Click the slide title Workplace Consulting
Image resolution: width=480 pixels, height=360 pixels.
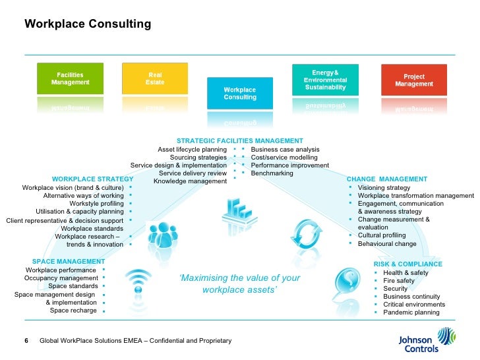(x=88, y=24)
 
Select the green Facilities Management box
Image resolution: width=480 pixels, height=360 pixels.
(x=70, y=78)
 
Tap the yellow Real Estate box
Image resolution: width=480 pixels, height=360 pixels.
(x=155, y=78)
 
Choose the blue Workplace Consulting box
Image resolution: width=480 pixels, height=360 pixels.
(x=239, y=93)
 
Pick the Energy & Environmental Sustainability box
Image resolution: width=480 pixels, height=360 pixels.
(x=325, y=79)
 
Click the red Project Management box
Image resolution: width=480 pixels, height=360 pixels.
(x=414, y=80)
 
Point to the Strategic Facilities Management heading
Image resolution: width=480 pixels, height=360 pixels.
(x=240, y=140)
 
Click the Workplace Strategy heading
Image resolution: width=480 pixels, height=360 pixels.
(x=92, y=179)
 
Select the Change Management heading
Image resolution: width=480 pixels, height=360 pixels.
(x=386, y=179)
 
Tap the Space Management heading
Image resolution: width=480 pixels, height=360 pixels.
(x=68, y=262)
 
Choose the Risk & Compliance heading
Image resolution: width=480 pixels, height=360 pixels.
(x=407, y=264)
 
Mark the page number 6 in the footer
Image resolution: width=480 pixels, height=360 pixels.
(x=26, y=341)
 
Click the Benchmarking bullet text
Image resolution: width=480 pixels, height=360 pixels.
(x=272, y=173)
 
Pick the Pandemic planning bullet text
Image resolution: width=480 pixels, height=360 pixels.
(x=411, y=313)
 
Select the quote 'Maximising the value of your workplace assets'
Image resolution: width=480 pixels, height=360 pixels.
(x=239, y=284)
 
